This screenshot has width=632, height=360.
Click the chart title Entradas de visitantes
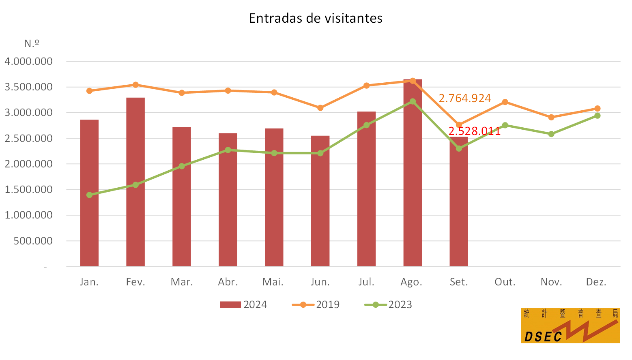coord(316,18)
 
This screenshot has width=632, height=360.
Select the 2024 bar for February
coord(135,182)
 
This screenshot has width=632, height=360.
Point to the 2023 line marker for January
coord(89,195)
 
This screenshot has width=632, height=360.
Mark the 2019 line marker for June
coord(320,108)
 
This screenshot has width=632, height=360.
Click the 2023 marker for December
coord(598,116)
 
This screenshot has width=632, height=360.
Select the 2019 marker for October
coord(505,102)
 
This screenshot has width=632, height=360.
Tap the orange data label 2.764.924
coord(465,99)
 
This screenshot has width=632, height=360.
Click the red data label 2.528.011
coord(475,131)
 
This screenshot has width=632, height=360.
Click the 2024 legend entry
coord(243,304)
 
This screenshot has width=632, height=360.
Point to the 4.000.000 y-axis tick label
coord(28,61)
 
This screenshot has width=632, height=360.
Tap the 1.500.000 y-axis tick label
coord(28,189)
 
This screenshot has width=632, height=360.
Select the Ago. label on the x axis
coord(411,282)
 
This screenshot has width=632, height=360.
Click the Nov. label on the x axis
coord(551,282)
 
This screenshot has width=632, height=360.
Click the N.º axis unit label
coord(32,43)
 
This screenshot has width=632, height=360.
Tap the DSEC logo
coord(570,325)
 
